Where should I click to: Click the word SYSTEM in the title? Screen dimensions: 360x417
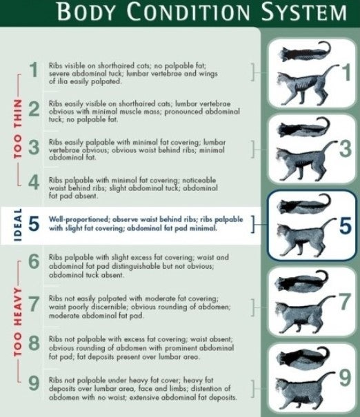pyautogui.click(x=304, y=12)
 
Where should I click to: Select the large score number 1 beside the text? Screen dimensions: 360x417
pyautogui.click(x=34, y=70)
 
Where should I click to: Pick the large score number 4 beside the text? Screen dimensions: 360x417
pyautogui.click(x=34, y=183)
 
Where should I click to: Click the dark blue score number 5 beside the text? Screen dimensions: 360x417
pyautogui.click(x=34, y=223)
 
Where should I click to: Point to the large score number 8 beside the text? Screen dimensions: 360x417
pyautogui.click(x=34, y=343)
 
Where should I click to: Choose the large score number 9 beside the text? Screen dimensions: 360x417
pyautogui.click(x=34, y=383)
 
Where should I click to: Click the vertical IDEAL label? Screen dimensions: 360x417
pyautogui.click(x=17, y=225)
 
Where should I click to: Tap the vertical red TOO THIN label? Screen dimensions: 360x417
pyautogui.click(x=17, y=129)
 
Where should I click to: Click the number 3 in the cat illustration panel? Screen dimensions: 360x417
pyautogui.click(x=346, y=149)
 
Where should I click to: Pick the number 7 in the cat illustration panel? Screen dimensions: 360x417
pyautogui.click(x=344, y=302)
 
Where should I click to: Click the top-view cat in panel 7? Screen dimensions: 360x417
pyautogui.click(x=302, y=281)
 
